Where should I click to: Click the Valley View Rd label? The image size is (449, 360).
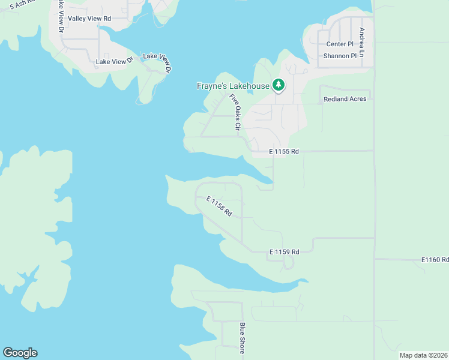(x=89, y=19)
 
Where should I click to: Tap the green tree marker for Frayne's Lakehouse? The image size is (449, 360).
(x=278, y=85)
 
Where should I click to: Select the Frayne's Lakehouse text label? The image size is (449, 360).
(x=233, y=86)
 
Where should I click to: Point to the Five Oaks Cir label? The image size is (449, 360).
(x=234, y=112)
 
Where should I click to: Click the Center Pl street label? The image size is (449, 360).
(x=340, y=44)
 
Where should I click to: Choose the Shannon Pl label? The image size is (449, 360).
(x=340, y=56)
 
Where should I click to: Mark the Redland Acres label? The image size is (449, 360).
(x=345, y=99)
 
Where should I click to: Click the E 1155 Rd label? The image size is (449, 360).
(x=283, y=152)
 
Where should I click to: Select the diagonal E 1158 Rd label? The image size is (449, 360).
(x=219, y=206)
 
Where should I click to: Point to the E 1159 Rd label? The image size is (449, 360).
(x=284, y=252)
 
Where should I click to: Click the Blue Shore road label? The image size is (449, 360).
(x=243, y=338)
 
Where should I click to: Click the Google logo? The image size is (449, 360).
(x=20, y=353)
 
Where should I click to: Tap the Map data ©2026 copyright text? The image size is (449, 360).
(x=423, y=355)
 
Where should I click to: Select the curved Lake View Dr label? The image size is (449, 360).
(x=157, y=63)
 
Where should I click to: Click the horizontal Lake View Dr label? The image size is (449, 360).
(x=114, y=61)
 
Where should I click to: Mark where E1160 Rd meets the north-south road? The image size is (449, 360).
(x=375, y=259)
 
